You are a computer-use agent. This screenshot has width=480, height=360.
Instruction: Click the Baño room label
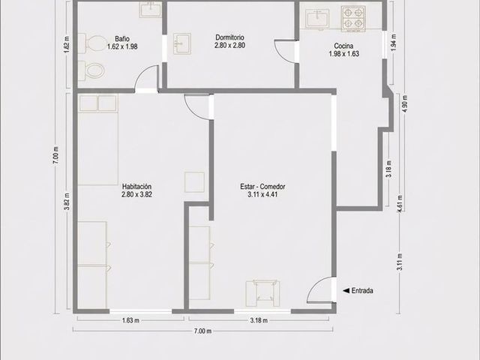pyautogui.click(x=122, y=39)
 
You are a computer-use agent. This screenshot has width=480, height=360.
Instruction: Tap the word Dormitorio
pyautogui.click(x=230, y=37)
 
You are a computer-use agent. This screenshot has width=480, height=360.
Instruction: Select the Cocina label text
pyautogui.click(x=343, y=46)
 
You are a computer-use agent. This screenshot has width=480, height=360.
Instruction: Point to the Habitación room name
pyautogui.click(x=136, y=187)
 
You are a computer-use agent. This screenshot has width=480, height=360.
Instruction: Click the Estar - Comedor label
pyautogui.click(x=262, y=187)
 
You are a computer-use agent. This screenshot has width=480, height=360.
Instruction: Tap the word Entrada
pyautogui.click(x=362, y=290)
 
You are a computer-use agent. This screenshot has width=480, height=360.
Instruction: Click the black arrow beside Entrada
pyautogui.click(x=346, y=290)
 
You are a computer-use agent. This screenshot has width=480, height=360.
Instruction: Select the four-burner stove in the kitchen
pyautogui.click(x=353, y=18)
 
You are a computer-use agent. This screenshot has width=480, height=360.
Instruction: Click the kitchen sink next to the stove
pyautogui.click(x=317, y=18)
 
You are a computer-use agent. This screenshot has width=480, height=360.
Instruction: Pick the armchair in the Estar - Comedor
pyautogui.click(x=262, y=293)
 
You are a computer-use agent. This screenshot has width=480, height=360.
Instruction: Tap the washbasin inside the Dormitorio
pyautogui.click(x=181, y=43)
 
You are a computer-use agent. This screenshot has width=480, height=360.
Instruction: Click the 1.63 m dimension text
pyautogui.click(x=130, y=320)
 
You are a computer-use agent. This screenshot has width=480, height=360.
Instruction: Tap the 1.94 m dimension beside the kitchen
pyautogui.click(x=394, y=42)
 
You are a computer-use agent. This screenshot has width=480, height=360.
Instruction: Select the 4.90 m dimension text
pyautogui.click(x=405, y=104)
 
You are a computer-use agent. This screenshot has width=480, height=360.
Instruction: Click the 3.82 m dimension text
pyautogui.click(x=67, y=201)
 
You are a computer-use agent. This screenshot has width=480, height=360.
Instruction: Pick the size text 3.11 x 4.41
pyautogui.click(x=262, y=194)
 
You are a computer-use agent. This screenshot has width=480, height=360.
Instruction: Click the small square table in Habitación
pyautogui.click(x=194, y=182)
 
